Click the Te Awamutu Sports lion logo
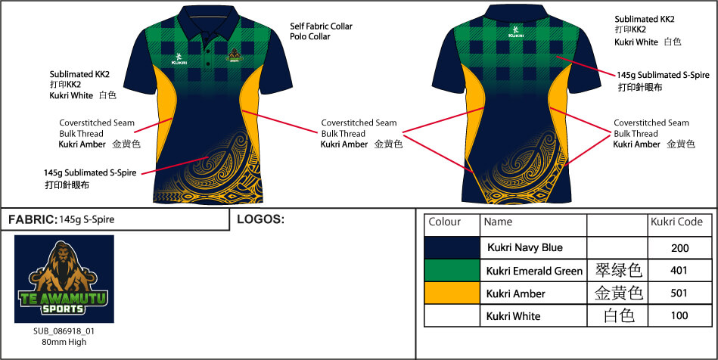[64, 278]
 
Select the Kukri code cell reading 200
[679, 247]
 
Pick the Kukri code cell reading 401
[679, 270]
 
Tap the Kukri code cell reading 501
[679, 293]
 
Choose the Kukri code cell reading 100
[679, 315]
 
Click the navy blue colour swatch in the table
[452, 247]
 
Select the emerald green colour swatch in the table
[452, 270]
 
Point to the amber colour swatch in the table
[452, 293]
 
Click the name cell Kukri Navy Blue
[524, 247]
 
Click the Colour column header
[444, 222]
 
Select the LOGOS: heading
[260, 219]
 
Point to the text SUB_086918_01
[64, 331]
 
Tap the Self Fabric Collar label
[321, 26]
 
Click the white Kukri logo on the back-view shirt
[515, 32]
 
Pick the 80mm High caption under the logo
[64, 342]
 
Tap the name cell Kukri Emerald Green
[534, 270]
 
